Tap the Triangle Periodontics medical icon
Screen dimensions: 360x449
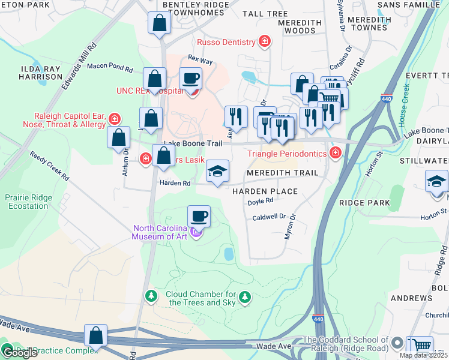click(x=336, y=154)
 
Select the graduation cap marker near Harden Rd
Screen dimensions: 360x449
click(x=217, y=172)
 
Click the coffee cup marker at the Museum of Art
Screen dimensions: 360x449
click(x=199, y=216)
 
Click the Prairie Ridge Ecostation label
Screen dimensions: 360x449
click(x=26, y=202)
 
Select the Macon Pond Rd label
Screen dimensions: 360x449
click(x=109, y=67)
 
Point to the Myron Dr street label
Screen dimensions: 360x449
click(x=291, y=227)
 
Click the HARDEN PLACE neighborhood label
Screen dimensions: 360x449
click(x=265, y=191)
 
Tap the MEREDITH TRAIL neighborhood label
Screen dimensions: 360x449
click(x=280, y=173)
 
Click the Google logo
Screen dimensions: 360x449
click(x=20, y=353)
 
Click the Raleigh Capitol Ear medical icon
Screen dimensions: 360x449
click(x=114, y=119)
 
